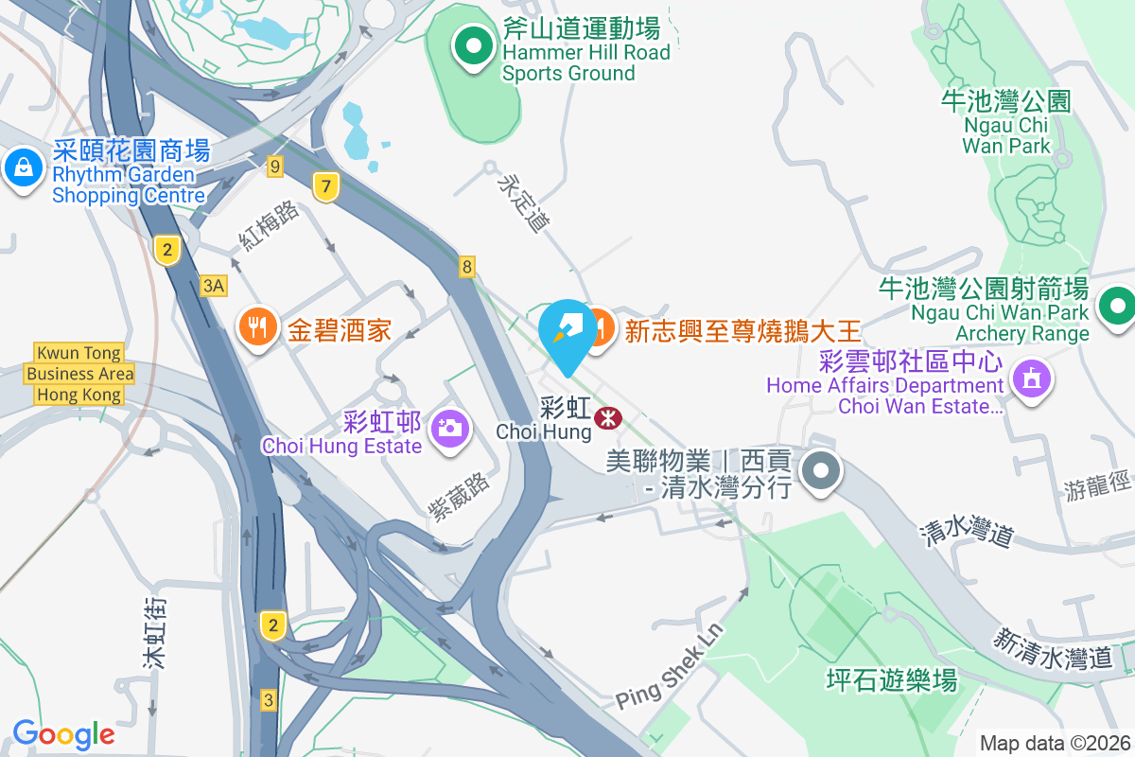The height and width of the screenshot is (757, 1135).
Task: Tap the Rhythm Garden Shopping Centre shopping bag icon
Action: [21, 169]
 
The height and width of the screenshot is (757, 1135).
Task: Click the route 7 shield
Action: [326, 186]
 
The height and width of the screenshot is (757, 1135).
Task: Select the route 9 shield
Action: [275, 167]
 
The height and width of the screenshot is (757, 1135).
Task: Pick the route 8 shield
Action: [467, 267]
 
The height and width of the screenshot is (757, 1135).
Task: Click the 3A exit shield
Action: [215, 285]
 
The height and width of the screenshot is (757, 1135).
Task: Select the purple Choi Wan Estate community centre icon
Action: [1029, 380]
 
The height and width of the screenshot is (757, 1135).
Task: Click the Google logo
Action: [63, 734]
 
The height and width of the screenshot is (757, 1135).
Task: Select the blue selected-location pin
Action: [567, 328]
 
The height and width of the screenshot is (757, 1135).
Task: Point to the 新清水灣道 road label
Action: [1052, 649]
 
